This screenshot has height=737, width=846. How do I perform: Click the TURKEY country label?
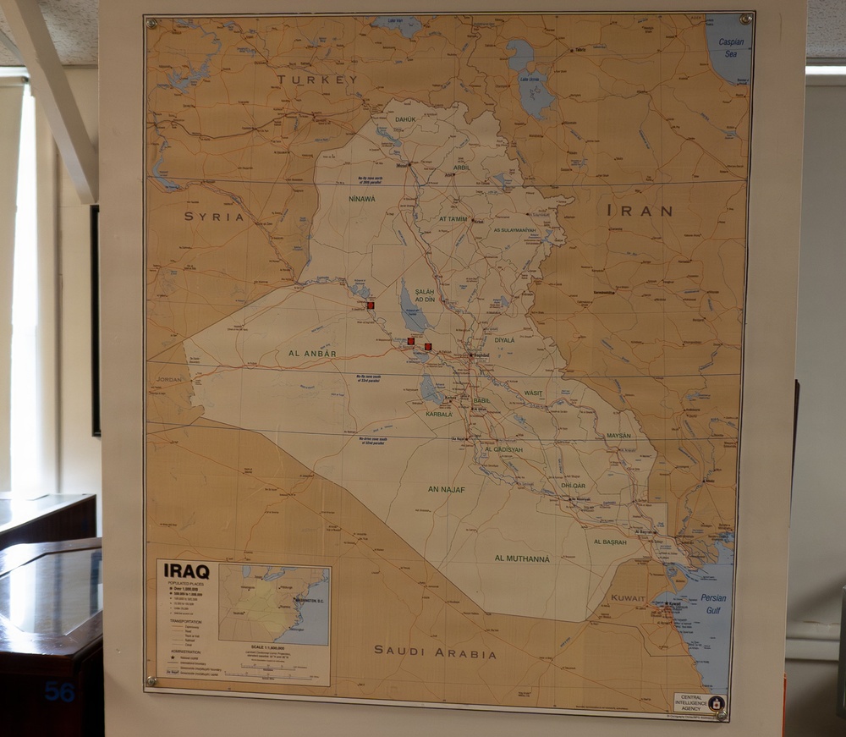(x=317, y=80)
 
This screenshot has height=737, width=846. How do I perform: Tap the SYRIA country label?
(x=214, y=217)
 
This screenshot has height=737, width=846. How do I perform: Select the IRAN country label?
(x=640, y=211)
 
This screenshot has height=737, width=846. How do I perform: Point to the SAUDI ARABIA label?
(x=435, y=652)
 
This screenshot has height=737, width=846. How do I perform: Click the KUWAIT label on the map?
(x=628, y=598)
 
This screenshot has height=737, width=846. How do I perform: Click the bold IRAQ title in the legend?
(x=186, y=571)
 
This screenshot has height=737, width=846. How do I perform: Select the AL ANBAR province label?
(x=312, y=353)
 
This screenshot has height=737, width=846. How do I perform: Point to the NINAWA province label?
(x=361, y=200)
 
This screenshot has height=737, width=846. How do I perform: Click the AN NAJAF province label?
(x=446, y=489)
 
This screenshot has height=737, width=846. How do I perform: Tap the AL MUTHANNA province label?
(x=522, y=558)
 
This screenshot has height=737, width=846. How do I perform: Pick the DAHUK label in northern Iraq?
(x=405, y=119)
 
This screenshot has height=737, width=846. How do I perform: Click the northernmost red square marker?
(x=371, y=305)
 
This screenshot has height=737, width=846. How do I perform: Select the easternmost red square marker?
(x=428, y=347)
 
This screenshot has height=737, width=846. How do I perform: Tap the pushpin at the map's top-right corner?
(x=745, y=19)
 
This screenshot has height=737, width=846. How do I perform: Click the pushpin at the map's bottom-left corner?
(x=151, y=680)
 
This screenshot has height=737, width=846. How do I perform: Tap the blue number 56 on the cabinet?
(x=59, y=692)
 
